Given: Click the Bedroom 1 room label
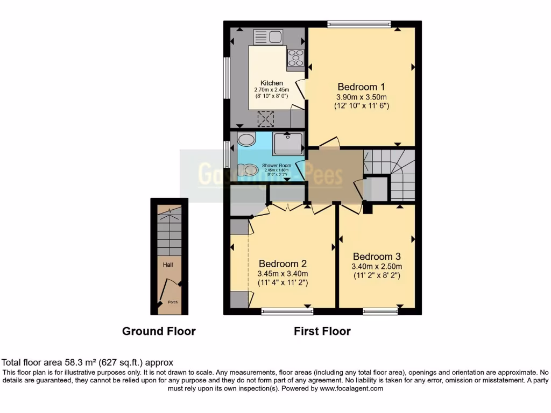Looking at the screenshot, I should click(x=361, y=87).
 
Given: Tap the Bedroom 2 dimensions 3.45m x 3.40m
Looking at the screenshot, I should click(x=282, y=273).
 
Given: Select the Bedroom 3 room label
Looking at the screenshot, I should click(x=377, y=257).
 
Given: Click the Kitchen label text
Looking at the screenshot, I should click(x=272, y=83).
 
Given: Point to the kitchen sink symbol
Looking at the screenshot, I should click(x=268, y=37).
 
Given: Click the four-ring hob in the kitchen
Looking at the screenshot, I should click(x=295, y=58).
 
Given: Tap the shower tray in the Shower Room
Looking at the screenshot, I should click(x=288, y=143).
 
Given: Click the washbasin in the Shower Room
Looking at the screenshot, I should click(x=246, y=140).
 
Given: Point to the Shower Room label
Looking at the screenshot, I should click(x=276, y=165).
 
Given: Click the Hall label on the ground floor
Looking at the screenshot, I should click(x=168, y=265).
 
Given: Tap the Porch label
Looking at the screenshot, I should click(x=173, y=302).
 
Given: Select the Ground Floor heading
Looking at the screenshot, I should click(x=159, y=331).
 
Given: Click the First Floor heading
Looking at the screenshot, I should click(x=322, y=331).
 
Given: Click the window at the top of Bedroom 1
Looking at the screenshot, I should click(x=359, y=23).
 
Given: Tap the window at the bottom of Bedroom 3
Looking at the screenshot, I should click(x=380, y=311).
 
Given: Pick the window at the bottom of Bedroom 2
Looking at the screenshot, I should click(x=287, y=311).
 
